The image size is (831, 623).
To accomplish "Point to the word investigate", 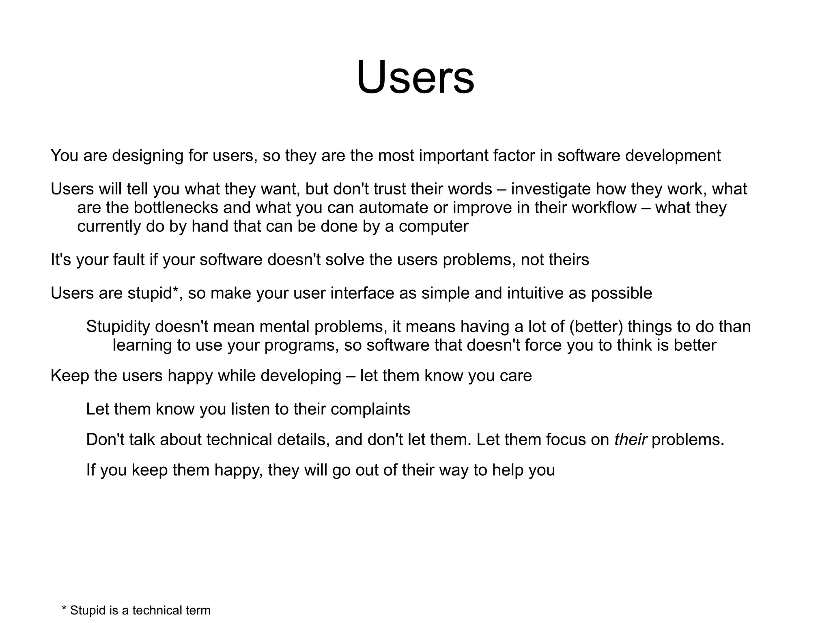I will click(551, 190).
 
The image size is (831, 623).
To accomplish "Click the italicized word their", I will click(630, 440).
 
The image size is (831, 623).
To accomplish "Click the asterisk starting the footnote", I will click(64, 609).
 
